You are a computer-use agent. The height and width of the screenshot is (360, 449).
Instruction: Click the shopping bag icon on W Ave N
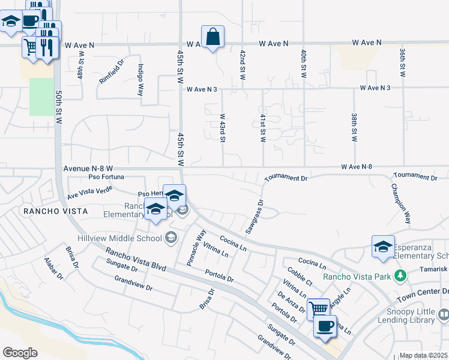(x=212, y=37)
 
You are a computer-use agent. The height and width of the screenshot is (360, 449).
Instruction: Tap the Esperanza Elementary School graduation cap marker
(x=383, y=247)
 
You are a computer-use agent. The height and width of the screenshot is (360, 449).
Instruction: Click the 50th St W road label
(x=59, y=108)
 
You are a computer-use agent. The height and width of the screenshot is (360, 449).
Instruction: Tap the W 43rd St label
(x=222, y=128)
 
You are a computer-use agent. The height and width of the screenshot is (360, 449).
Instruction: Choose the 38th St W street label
(x=355, y=128)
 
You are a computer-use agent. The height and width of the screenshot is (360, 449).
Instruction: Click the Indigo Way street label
(x=141, y=80)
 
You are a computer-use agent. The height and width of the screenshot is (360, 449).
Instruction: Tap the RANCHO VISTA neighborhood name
(x=55, y=211)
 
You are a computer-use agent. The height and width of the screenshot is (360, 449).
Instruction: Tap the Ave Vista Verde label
(x=90, y=192)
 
